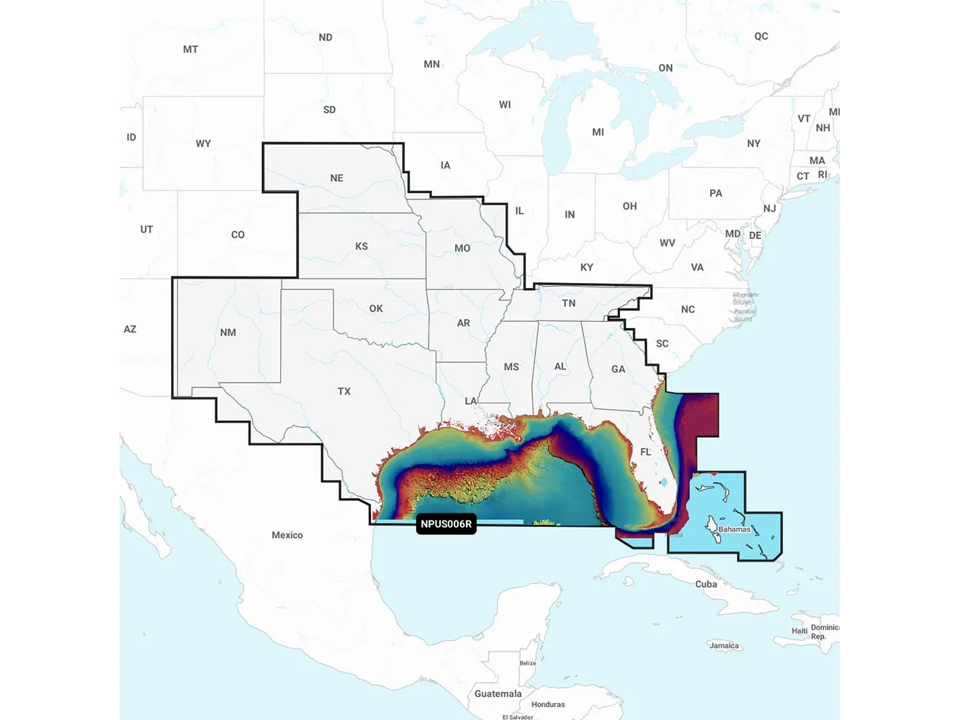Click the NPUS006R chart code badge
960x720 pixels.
446,524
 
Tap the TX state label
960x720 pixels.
344,392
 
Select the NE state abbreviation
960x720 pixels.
336,178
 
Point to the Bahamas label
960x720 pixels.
734,529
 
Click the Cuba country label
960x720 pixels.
706,584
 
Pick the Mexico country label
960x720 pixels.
287,535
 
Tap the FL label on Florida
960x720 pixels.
645,452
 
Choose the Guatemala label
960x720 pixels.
498,693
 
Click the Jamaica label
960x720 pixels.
724,646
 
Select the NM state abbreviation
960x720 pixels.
228,333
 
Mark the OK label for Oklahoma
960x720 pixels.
376,308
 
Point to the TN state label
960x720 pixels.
568,303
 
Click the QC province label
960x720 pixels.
761,36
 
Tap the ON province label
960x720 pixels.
665,68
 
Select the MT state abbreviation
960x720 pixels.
190,49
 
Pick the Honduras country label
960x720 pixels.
547,704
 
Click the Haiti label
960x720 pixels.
799,631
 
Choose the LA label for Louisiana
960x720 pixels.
470,401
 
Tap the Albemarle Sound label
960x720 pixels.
745,298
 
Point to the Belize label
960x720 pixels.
527,663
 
